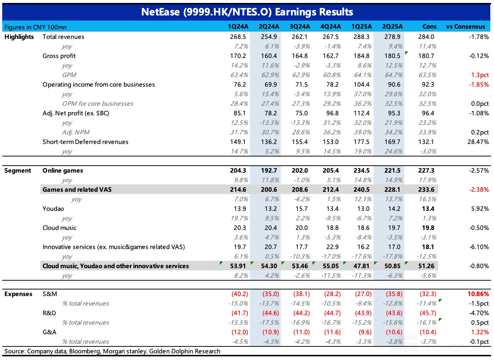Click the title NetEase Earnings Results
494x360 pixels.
pyautogui.click(x=247, y=12)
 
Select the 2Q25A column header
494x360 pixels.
pyautogui.click(x=392, y=26)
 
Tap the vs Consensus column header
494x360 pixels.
pyautogui.click(x=465, y=26)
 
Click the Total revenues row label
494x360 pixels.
pyautogui.click(x=63, y=37)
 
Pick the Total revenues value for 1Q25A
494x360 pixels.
pyautogui.click(x=361, y=37)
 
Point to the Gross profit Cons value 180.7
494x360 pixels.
pyautogui.click(x=426, y=56)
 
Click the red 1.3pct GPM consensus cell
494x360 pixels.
pyautogui.click(x=480, y=75)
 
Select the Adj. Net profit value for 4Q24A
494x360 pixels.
pyautogui.click(x=330, y=113)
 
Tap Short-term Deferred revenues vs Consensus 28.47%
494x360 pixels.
pyautogui.click(x=478, y=142)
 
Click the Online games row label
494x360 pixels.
pyautogui.click(x=63, y=170)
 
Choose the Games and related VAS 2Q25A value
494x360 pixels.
pyautogui.click(x=392, y=190)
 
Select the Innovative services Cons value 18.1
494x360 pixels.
pyautogui.click(x=428, y=247)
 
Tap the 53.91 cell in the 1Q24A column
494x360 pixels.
pyautogui.click(x=238, y=266)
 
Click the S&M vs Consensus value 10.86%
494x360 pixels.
pyautogui.click(x=478, y=294)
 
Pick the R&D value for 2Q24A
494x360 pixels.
pyautogui.click(x=271, y=313)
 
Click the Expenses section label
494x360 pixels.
pyautogui.click(x=18, y=294)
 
